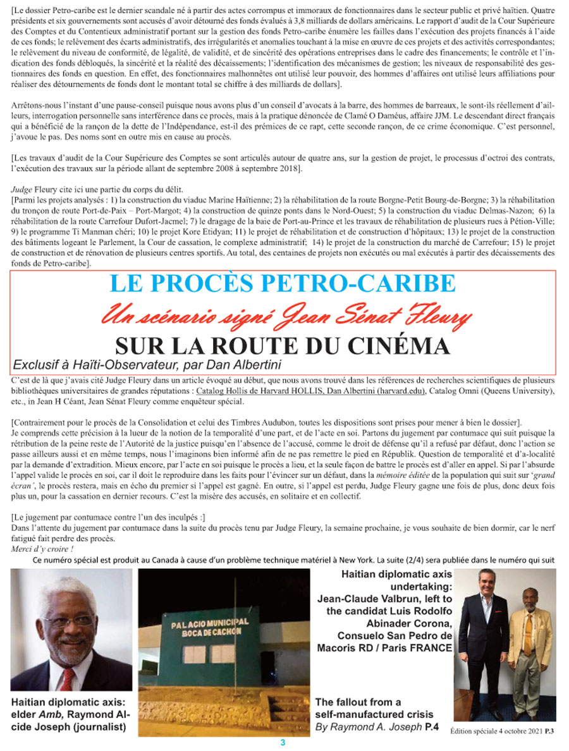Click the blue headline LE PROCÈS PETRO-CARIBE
[282, 284]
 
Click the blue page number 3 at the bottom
[284, 742]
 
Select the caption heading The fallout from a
[358, 702]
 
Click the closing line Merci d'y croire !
[42, 549]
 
